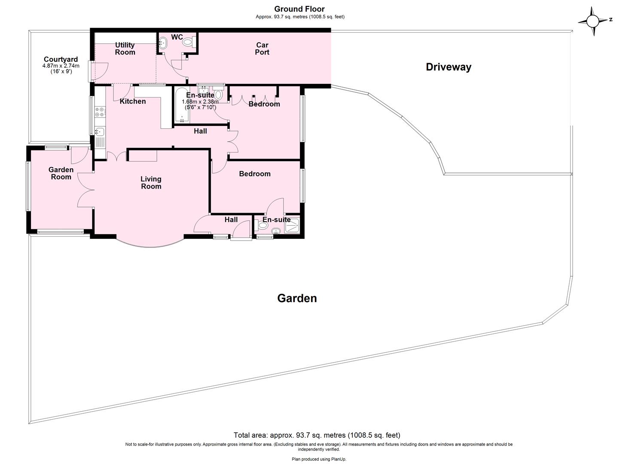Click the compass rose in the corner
(594, 21)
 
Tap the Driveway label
(448, 67)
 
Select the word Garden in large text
(297, 298)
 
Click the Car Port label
(262, 49)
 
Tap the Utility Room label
(125, 49)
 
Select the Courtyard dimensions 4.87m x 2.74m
(61, 66)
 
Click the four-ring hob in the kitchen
(100, 112)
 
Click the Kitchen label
(133, 101)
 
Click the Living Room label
(151, 183)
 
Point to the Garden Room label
(61, 173)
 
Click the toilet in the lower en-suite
(263, 225)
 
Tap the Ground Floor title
(299, 9)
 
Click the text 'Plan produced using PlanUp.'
(319, 459)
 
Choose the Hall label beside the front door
(231, 220)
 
